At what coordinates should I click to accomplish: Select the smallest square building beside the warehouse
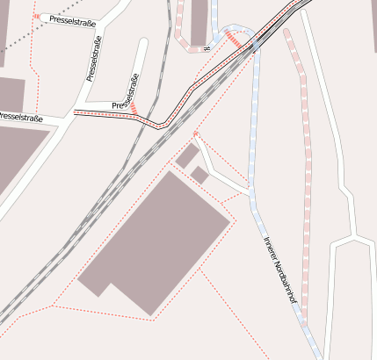coord(199,176)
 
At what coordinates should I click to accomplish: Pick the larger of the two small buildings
coord(187,156)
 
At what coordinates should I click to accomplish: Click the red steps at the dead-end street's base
coord(134,108)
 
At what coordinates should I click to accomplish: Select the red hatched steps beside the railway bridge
coord(235,39)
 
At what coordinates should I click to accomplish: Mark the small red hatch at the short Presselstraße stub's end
coord(36,16)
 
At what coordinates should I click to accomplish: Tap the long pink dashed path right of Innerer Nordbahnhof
coord(306,176)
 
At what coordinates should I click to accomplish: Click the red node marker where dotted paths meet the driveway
coord(195,134)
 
